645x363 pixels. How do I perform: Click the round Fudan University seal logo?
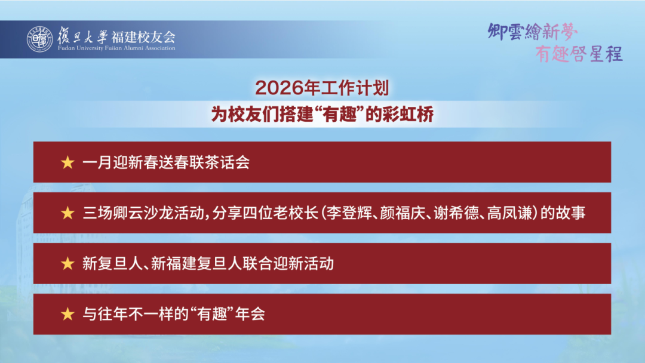39,39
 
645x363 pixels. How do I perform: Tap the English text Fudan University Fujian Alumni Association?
117,48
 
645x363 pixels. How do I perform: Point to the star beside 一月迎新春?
67,162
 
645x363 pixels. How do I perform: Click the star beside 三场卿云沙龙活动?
67,213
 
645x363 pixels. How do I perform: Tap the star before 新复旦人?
67,263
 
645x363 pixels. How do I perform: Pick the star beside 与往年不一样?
67,314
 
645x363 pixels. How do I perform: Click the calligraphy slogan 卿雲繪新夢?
533,30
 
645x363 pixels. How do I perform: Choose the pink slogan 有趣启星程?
578,54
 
